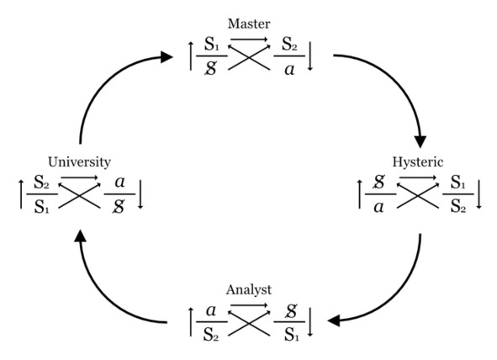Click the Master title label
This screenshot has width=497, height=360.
click(x=249, y=24)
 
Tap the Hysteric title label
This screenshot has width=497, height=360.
click(x=418, y=162)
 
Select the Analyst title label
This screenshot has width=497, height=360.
click(x=249, y=289)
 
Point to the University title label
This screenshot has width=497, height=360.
click(x=79, y=162)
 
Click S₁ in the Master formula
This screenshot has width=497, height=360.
click(x=211, y=44)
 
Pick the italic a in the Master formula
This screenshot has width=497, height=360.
click(x=289, y=70)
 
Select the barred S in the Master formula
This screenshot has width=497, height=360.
click(x=211, y=68)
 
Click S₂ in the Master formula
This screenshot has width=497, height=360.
click(x=289, y=44)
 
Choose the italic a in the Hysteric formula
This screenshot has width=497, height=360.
click(x=379, y=207)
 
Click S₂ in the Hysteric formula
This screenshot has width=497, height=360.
click(x=458, y=207)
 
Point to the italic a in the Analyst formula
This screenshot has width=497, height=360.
click(x=211, y=310)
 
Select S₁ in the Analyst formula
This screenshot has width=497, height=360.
click(x=291, y=334)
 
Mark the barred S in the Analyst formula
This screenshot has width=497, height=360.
click(x=291, y=311)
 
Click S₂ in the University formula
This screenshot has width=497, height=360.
click(x=42, y=183)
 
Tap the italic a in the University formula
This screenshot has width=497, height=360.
click(x=119, y=183)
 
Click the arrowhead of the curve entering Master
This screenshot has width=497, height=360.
click(x=167, y=57)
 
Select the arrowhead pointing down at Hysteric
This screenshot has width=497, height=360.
click(x=420, y=141)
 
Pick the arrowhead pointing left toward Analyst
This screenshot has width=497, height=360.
click(x=334, y=320)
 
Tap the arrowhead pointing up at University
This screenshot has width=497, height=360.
click(x=80, y=236)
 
